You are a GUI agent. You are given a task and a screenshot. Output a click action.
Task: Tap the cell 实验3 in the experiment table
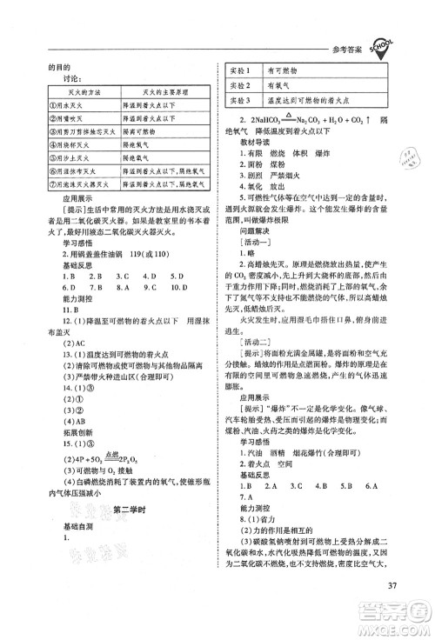click(238, 102)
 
